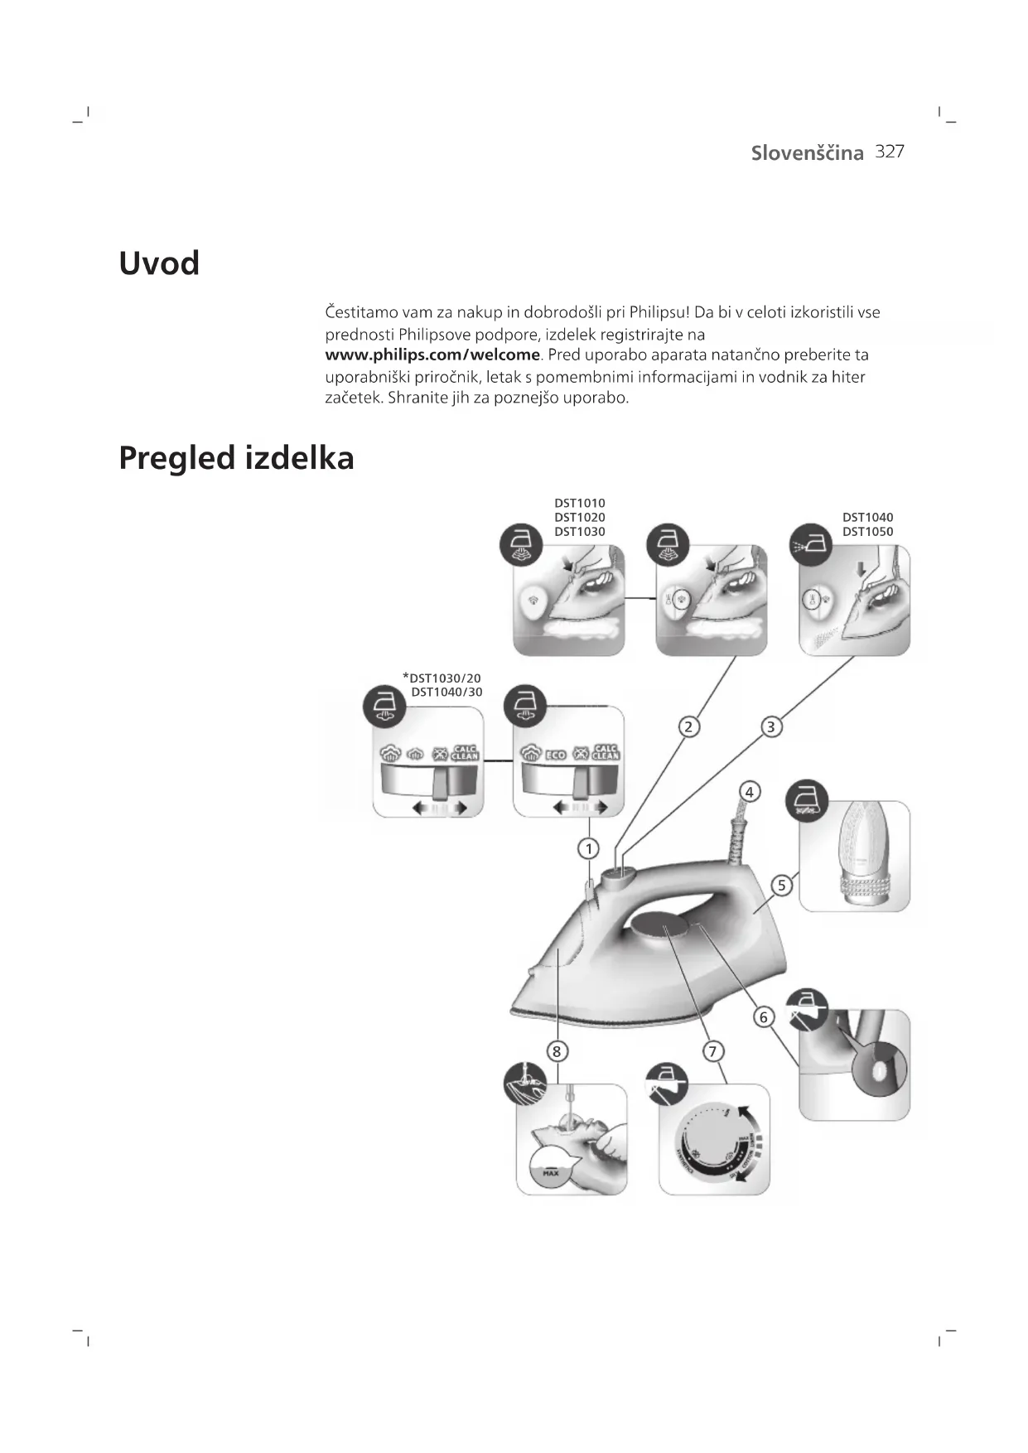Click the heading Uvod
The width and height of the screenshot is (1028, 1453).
(159, 264)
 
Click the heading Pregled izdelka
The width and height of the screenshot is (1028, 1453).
(236, 458)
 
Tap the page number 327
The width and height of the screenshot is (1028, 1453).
(889, 152)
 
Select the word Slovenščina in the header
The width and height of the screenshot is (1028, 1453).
(807, 153)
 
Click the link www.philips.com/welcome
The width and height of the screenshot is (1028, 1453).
(432, 355)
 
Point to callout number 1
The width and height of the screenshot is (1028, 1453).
(589, 848)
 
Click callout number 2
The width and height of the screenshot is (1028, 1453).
(688, 727)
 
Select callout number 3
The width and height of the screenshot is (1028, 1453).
(771, 727)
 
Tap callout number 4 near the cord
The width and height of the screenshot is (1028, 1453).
(749, 792)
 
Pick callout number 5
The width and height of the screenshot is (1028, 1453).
(781, 886)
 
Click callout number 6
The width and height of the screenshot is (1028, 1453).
(764, 1016)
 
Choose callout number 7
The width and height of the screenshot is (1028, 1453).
(712, 1051)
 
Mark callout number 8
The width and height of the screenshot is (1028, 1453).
(557, 1051)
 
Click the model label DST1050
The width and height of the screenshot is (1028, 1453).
(867, 532)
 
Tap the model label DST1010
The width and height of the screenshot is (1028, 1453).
(579, 503)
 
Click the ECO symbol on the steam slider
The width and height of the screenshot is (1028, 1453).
(555, 755)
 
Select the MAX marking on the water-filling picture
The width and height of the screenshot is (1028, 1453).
(551, 1173)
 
